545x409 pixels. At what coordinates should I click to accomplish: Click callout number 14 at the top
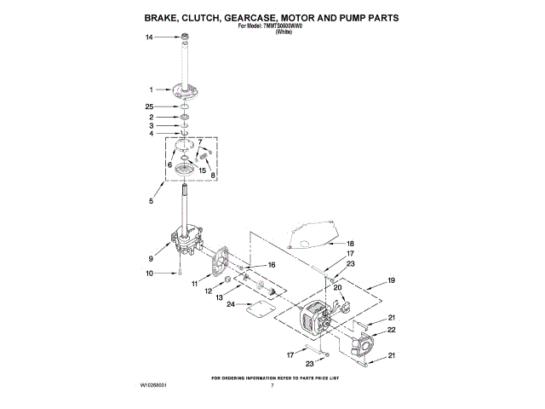(x=149, y=37)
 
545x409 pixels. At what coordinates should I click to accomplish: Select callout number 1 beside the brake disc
(x=151, y=89)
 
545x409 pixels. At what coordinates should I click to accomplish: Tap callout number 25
(x=149, y=106)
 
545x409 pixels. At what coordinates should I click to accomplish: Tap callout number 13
(x=220, y=298)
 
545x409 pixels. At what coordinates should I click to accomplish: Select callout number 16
(x=272, y=266)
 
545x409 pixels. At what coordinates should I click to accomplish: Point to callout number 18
(x=349, y=244)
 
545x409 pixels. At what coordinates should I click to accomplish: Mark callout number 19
(x=391, y=280)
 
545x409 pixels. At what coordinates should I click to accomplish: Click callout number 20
(x=337, y=288)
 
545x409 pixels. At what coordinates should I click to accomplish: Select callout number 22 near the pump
(x=392, y=330)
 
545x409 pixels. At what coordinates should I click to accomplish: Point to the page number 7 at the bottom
(x=272, y=386)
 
